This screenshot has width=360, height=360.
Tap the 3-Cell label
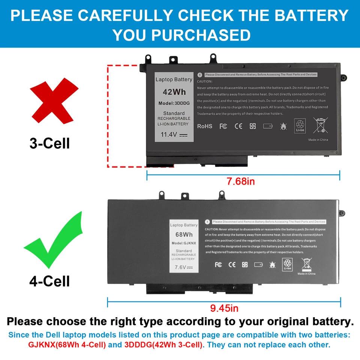tap(49, 143)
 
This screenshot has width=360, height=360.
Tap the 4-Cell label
tap(49, 281)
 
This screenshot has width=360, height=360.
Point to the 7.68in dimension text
tap(241, 181)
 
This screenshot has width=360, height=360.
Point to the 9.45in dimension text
tap(224, 308)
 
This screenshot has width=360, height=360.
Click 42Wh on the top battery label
tap(174, 92)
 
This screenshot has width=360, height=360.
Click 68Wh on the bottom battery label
tap(184, 235)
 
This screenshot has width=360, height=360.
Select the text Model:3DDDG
tap(174, 103)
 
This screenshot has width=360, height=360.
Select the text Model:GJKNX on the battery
tap(184, 243)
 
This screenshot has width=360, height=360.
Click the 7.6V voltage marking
tap(184, 267)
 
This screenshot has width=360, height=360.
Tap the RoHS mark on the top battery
tap(205, 126)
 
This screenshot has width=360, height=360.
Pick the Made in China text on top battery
tap(318, 139)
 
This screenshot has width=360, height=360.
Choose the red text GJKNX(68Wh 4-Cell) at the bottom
tap(67, 345)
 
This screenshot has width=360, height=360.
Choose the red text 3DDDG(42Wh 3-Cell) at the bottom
tap(164, 345)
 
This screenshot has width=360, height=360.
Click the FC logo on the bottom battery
tap(218, 265)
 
